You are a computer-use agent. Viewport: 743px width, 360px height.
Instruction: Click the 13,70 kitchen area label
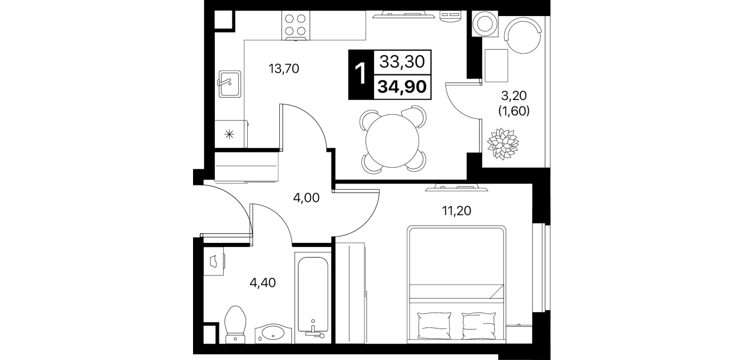(284, 69)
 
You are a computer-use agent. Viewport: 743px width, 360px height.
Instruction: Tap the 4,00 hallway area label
(306, 198)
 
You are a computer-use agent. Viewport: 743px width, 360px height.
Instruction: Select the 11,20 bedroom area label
(456, 211)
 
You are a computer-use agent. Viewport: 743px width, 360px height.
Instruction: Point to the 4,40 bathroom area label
(263, 283)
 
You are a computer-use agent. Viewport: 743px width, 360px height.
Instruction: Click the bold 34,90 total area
(402, 87)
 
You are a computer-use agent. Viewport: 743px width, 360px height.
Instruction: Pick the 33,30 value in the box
(402, 62)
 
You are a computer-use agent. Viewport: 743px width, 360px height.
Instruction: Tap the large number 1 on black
(360, 74)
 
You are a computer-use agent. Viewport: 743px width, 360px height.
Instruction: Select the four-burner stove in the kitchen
(295, 25)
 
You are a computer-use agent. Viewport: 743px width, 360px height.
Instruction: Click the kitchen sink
(230, 84)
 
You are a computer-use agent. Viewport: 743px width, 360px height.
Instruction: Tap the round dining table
(392, 141)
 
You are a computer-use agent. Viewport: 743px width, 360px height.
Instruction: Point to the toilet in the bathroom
(235, 325)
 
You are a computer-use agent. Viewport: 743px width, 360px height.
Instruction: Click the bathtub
(313, 297)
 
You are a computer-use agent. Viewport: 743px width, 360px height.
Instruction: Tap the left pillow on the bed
(435, 326)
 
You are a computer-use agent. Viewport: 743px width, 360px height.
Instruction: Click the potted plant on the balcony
(503, 143)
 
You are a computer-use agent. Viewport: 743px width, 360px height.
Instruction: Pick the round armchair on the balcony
(523, 35)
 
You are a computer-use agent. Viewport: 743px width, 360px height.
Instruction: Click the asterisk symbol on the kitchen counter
(229, 134)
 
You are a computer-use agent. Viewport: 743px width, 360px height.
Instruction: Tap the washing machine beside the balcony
(485, 23)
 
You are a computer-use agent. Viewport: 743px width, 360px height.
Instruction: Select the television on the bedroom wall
(457, 189)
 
